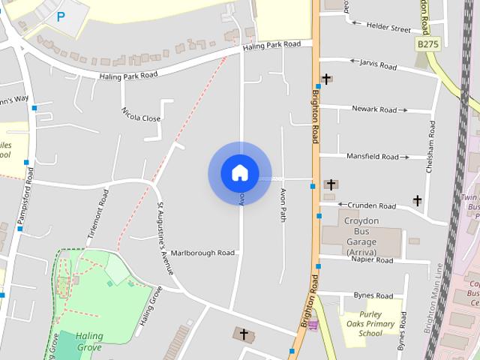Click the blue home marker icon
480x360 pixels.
[x=239, y=173]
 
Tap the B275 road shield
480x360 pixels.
[x=427, y=45]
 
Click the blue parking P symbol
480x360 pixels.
[x=61, y=16]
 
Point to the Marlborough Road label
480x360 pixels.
[x=202, y=253]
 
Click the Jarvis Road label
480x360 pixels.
[x=378, y=65]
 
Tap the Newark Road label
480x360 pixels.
[x=379, y=109]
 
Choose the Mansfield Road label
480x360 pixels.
[x=373, y=157]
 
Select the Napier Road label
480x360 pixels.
[x=372, y=260]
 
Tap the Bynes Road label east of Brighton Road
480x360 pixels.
[x=373, y=295]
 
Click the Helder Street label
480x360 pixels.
[x=388, y=28]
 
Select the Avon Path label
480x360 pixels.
[x=283, y=205]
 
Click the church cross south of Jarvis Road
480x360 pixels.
[x=326, y=78]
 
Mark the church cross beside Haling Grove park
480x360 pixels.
[x=242, y=333]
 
